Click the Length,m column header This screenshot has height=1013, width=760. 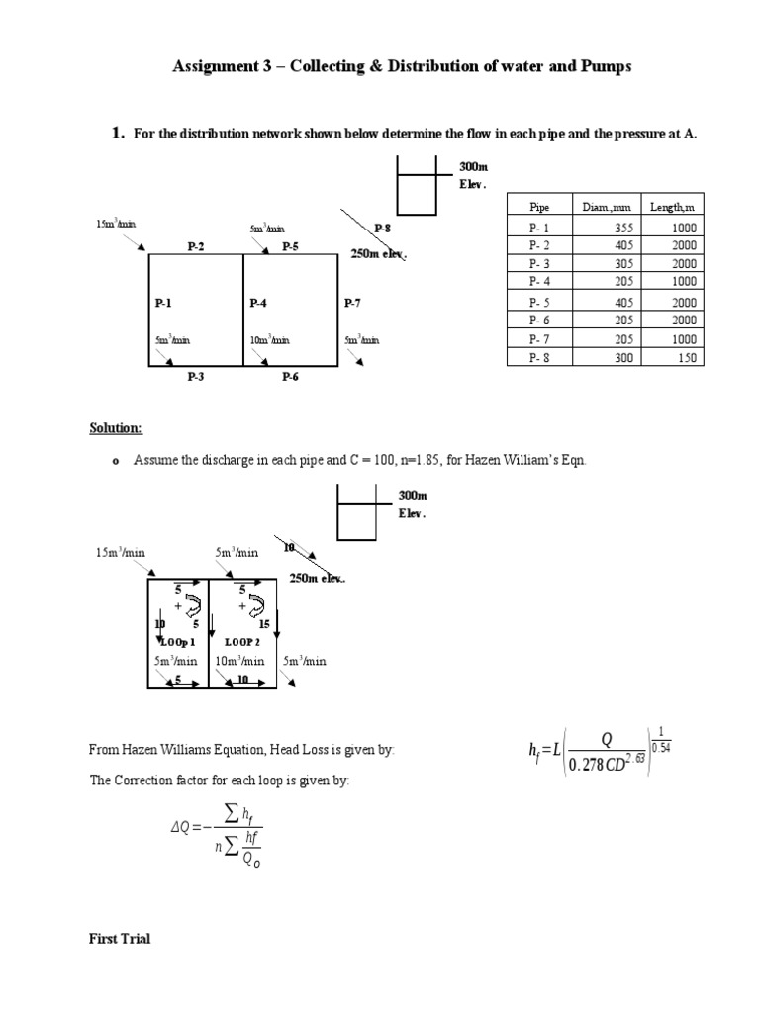[x=672, y=207]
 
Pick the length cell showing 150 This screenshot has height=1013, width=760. [x=685, y=357]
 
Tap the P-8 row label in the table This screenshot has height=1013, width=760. [x=539, y=357]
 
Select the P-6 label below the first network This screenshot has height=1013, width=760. [x=291, y=376]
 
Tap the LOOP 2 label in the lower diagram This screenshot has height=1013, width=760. [x=241, y=641]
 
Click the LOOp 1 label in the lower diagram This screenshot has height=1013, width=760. [x=179, y=641]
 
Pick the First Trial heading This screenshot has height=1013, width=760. [x=118, y=938]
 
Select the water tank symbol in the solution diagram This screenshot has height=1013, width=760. [x=358, y=514]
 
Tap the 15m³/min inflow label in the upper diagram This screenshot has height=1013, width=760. [x=115, y=225]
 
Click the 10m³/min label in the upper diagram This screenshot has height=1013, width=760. [x=269, y=341]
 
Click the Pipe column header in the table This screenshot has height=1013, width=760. [x=539, y=207]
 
